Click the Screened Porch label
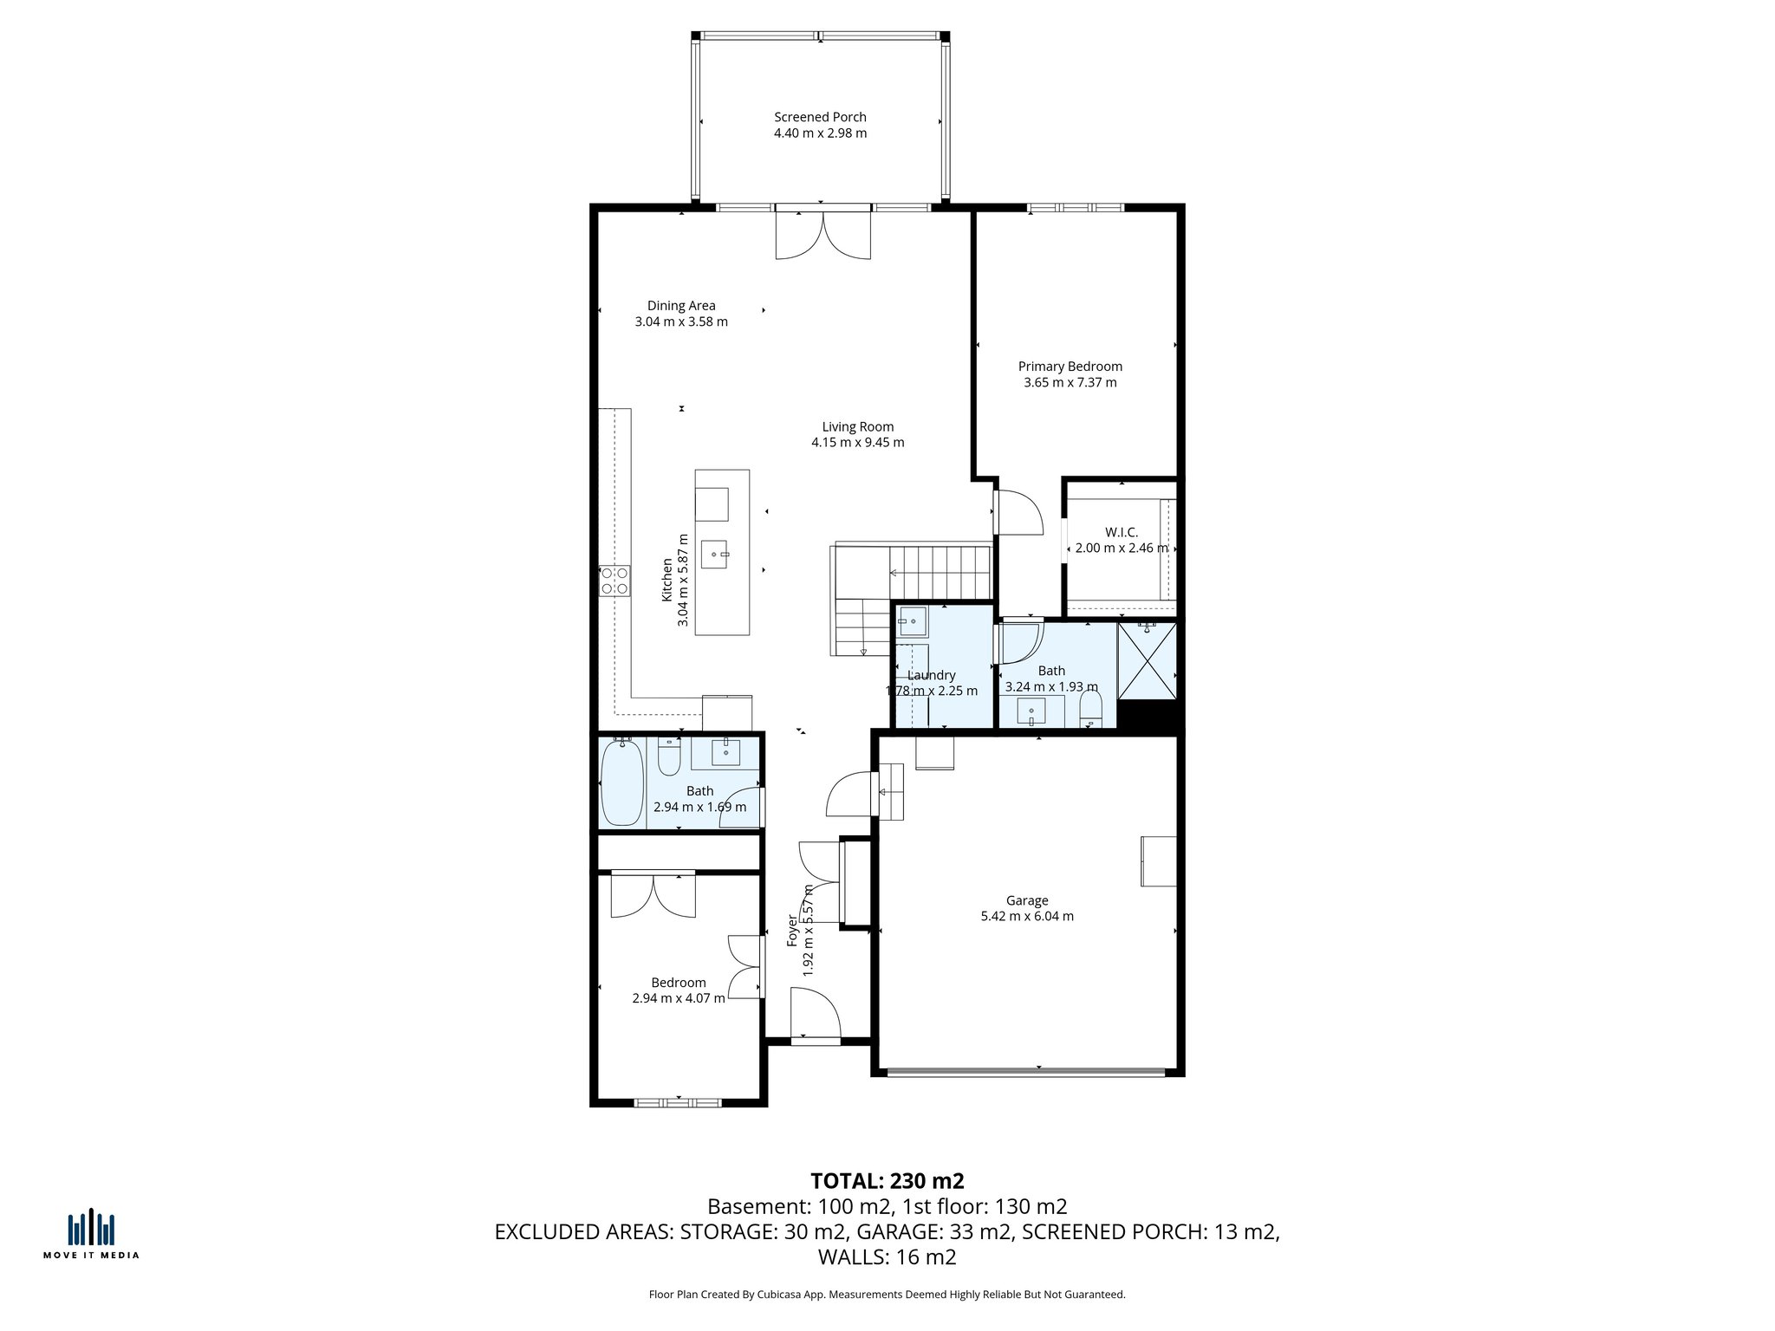tap(820, 117)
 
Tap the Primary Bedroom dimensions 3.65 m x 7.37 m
tap(1070, 382)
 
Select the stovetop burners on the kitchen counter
tap(614, 580)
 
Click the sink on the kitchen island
tap(715, 554)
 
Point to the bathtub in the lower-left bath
tap(622, 782)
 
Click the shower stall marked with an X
tap(1147, 660)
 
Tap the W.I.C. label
tap(1121, 532)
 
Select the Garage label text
tap(1027, 900)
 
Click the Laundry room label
tap(931, 675)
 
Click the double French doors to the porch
tap(822, 235)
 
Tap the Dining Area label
tap(681, 305)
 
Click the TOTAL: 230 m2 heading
tap(887, 1180)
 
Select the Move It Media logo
tap(91, 1233)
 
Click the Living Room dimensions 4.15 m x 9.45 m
tap(857, 442)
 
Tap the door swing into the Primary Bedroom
tap(1018, 513)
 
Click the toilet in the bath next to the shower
tap(1090, 708)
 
